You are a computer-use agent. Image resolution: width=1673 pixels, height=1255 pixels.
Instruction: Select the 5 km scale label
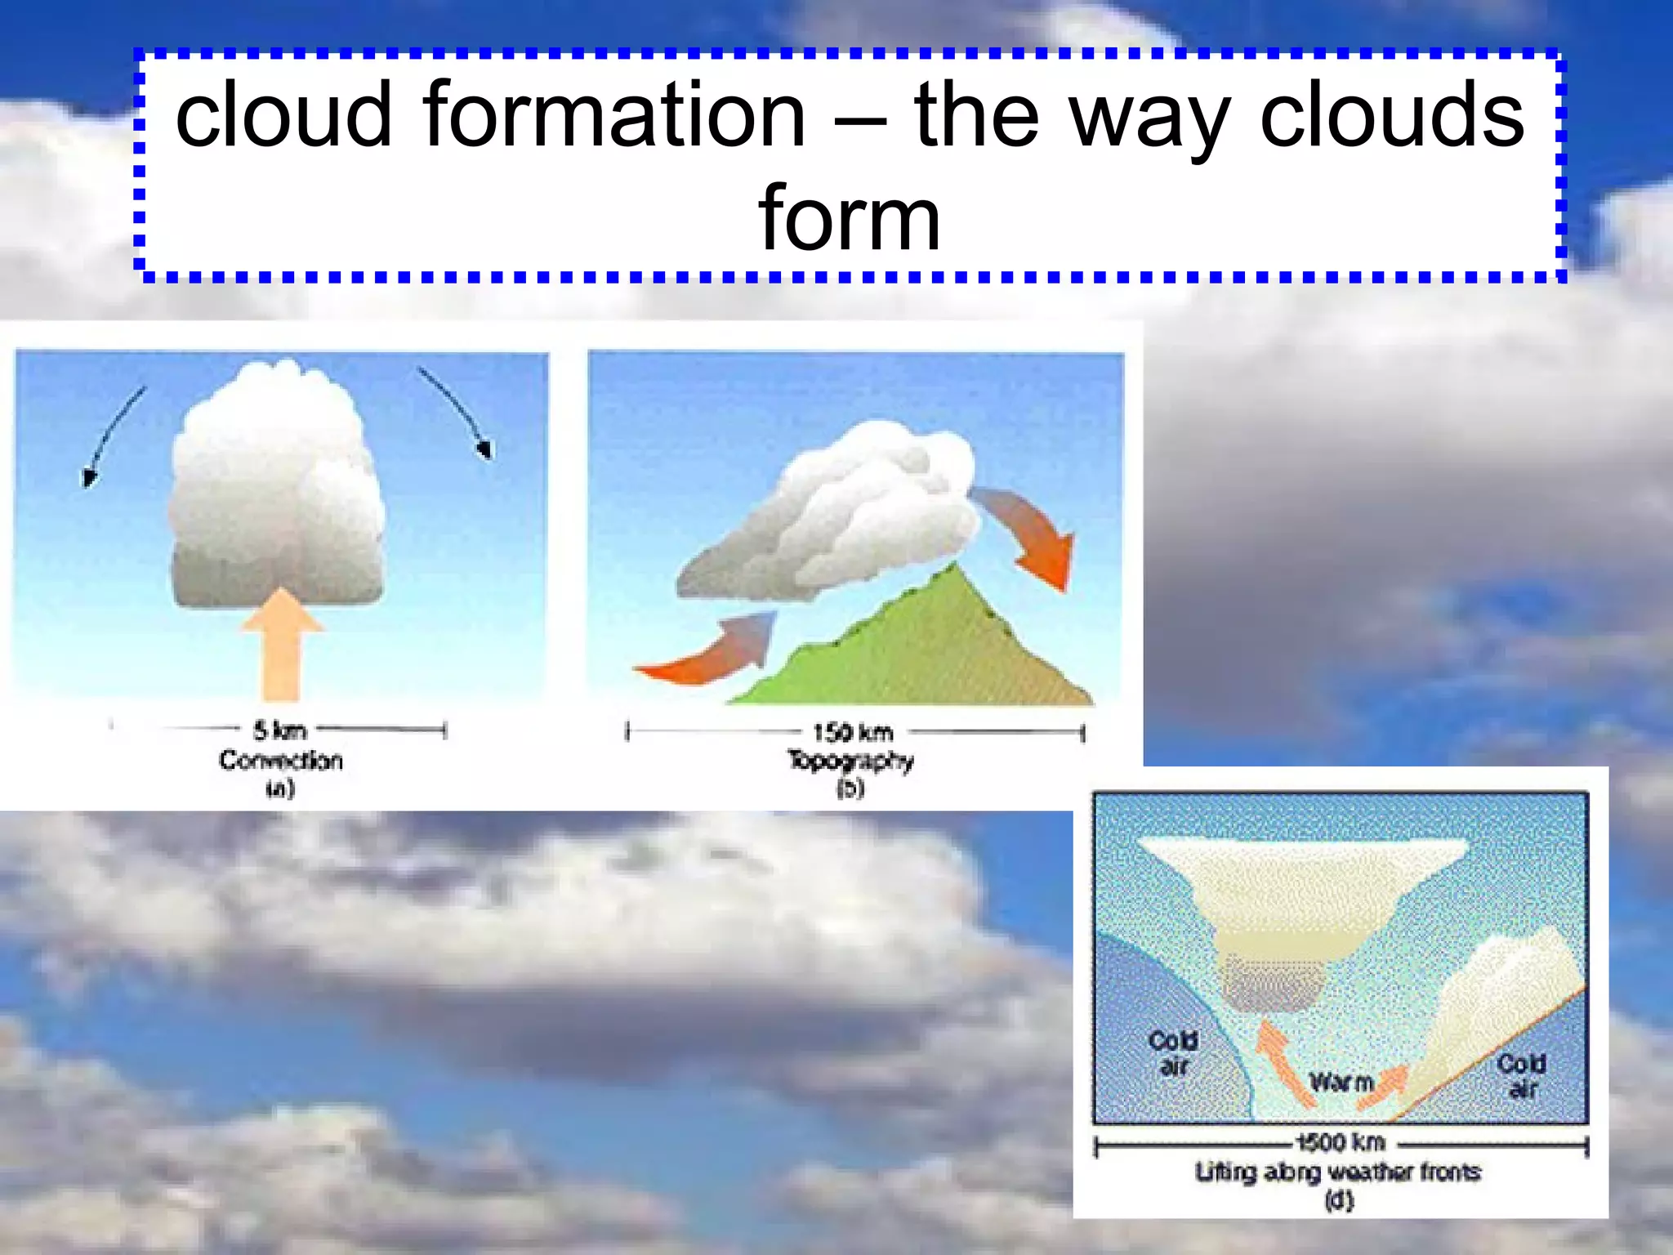click(279, 730)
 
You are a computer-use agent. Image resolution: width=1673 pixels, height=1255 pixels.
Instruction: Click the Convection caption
click(280, 761)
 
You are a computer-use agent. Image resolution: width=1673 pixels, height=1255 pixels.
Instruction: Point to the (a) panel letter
click(279, 788)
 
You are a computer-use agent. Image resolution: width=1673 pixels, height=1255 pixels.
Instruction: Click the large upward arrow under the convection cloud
click(282, 645)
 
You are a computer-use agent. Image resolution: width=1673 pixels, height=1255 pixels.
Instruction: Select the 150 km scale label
click(853, 732)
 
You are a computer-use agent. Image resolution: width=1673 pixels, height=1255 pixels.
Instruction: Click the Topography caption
click(850, 761)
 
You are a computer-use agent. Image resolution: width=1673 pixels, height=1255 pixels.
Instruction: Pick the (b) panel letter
click(850, 788)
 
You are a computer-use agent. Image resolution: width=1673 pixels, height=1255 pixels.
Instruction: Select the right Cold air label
click(1521, 1076)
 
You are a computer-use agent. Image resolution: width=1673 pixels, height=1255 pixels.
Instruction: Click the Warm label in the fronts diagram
click(1341, 1083)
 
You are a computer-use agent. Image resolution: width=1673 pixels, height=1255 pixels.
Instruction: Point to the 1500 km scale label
click(1341, 1141)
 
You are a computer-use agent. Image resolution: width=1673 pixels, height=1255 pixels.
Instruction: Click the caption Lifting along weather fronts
click(1338, 1172)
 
